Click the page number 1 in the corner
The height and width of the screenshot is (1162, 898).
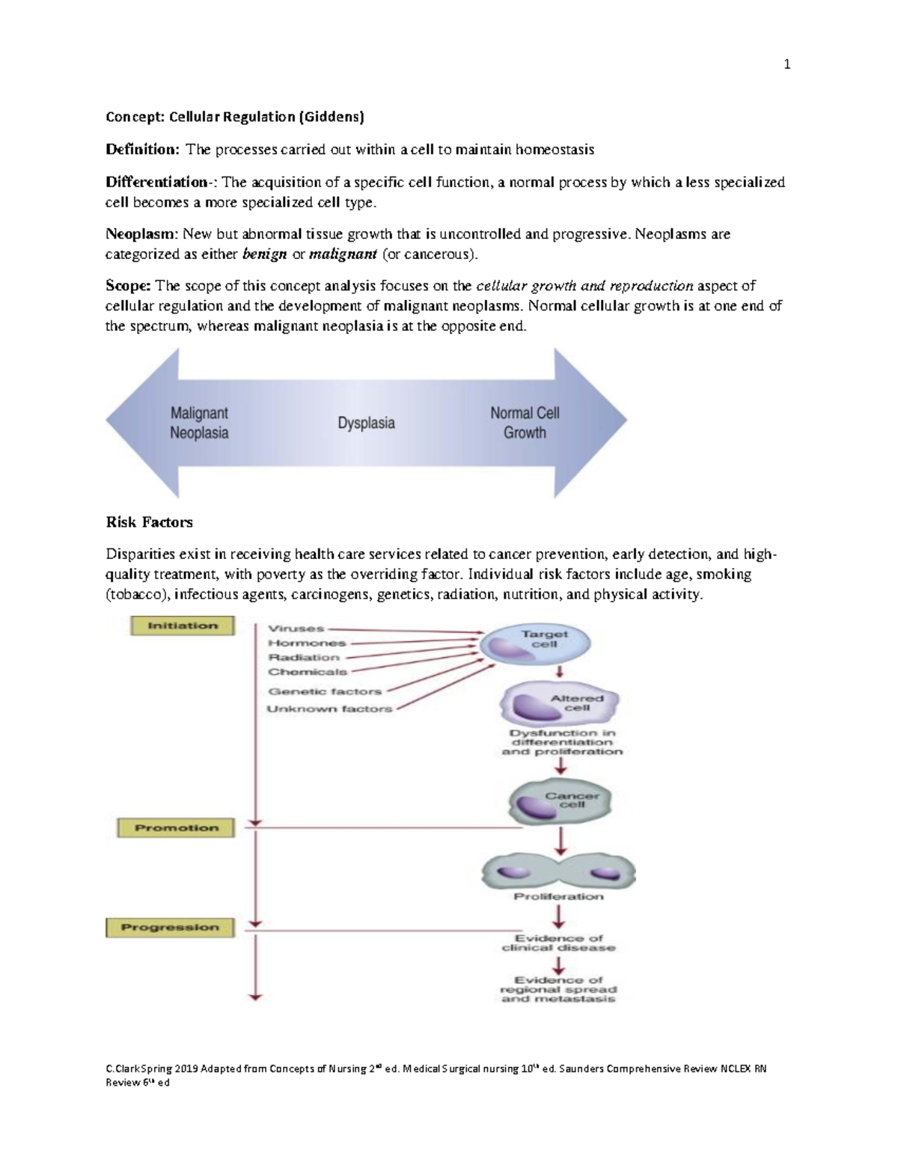coord(786,64)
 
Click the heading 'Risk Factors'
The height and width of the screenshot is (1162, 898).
coord(149,522)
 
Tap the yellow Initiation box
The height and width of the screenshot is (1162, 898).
coord(183,626)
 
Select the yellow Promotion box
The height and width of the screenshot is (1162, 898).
coord(176,828)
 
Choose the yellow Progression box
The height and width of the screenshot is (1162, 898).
coord(170,928)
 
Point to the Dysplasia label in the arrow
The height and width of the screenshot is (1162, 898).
coord(367,423)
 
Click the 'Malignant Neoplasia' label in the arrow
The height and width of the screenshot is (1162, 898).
coord(199,423)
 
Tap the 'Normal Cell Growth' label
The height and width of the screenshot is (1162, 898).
coord(525,423)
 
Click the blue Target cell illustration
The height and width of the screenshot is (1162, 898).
coord(534,643)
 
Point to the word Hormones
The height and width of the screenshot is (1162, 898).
coord(307,643)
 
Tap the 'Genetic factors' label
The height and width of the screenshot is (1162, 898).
coord(325,691)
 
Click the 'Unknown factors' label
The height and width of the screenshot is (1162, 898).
coord(329,709)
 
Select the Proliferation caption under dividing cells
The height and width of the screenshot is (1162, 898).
coord(558,896)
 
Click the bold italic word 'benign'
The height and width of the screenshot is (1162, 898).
coord(265,254)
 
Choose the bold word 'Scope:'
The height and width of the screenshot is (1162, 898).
coord(129,286)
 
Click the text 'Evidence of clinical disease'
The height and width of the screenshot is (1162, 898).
coord(558,943)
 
